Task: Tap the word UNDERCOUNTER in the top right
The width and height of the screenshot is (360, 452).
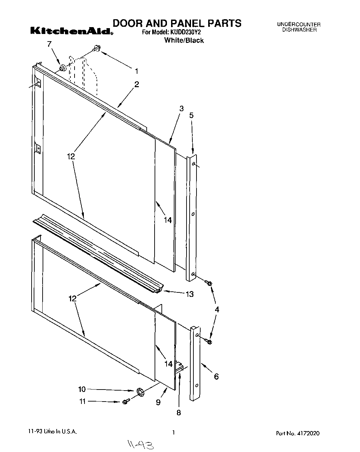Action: [299, 24]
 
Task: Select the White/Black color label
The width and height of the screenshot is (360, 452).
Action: [184, 40]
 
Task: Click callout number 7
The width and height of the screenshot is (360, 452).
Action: [49, 44]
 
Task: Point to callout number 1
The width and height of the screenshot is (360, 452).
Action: [136, 71]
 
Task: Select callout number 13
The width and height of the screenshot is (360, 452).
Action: [189, 294]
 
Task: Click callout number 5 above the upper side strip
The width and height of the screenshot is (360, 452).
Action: [191, 115]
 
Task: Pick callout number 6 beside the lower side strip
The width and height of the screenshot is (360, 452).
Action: [216, 376]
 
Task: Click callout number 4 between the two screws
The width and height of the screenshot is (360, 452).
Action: [217, 310]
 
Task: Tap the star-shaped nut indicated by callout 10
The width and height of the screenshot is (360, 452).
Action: [139, 392]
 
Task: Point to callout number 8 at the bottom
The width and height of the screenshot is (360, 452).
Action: [178, 413]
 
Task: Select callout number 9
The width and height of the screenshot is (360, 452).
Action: [158, 402]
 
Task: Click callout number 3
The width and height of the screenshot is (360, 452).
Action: [181, 108]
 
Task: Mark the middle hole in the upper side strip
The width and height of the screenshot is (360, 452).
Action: [193, 214]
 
